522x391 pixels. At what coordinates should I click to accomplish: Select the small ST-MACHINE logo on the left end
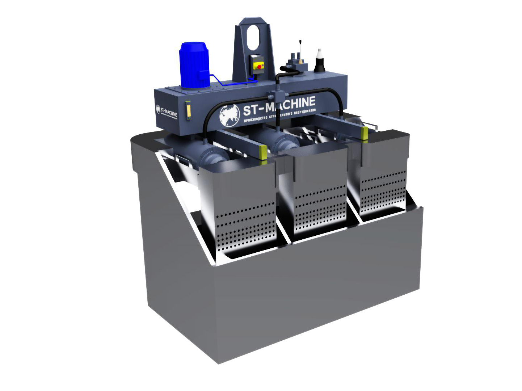[167, 111]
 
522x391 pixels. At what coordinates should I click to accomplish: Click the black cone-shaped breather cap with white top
[320, 62]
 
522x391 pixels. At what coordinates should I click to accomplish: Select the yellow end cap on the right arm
[365, 132]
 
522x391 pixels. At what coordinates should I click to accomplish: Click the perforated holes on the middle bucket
[319, 210]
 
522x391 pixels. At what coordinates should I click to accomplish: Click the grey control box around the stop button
[258, 64]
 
